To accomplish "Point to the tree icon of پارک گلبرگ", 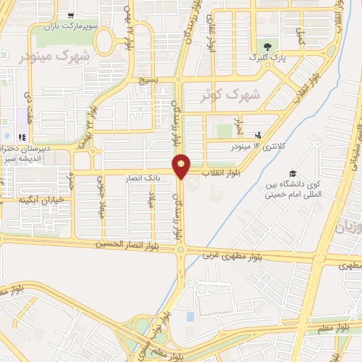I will [266, 47].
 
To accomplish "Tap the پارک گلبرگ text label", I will [270, 58].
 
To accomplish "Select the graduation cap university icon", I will [291, 174].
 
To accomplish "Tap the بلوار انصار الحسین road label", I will [134, 246].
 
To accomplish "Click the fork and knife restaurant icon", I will [22, 137].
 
